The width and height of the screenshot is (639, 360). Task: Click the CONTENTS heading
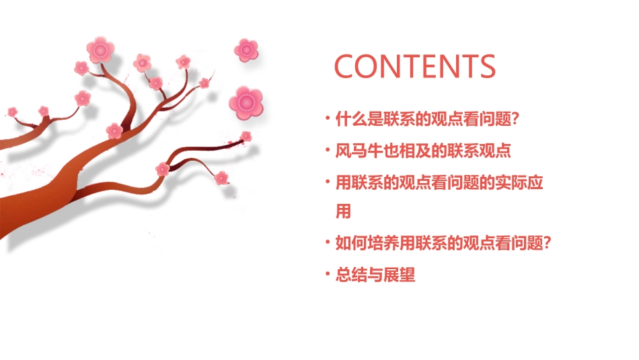(x=415, y=67)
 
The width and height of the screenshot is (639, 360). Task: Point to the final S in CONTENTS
(x=485, y=67)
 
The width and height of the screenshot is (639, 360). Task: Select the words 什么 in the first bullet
(x=352, y=120)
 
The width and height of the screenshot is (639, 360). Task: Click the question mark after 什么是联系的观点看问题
(x=515, y=120)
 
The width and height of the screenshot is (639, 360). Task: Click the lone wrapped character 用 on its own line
(x=344, y=212)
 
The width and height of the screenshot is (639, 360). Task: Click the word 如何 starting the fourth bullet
(x=352, y=243)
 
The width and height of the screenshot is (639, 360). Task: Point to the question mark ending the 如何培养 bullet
(x=547, y=243)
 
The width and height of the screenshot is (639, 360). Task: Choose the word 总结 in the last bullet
(x=352, y=275)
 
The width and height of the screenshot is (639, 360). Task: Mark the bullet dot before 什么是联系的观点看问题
(x=328, y=118)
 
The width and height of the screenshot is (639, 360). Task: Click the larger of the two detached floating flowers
(x=246, y=102)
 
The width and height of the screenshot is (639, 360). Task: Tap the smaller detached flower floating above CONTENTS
(x=246, y=49)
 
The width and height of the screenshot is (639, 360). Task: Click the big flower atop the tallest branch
(x=101, y=49)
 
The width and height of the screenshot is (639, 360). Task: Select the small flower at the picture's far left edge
(x=12, y=111)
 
